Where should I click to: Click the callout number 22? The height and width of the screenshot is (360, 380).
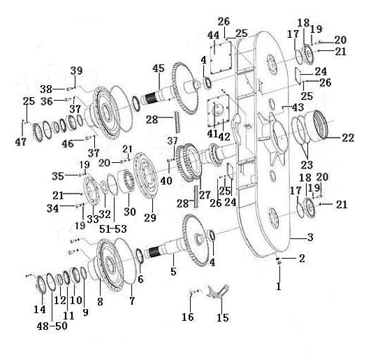point(348,138)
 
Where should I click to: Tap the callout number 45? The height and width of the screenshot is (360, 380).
point(159,69)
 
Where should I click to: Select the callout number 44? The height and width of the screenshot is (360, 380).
point(213,36)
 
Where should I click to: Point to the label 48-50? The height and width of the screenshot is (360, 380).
point(52,326)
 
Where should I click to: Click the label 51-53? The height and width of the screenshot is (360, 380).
point(113,229)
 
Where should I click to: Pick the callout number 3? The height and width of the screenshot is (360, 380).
point(310,237)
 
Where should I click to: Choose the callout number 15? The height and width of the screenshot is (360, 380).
point(223,317)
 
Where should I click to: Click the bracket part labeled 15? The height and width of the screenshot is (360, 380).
point(217,291)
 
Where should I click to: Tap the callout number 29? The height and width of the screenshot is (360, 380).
point(150,217)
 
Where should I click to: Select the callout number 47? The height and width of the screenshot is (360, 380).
point(21,142)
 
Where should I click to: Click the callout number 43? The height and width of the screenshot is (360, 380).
point(298,107)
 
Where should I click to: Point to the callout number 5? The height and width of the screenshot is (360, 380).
point(173,272)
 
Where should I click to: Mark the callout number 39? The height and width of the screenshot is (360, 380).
point(76,71)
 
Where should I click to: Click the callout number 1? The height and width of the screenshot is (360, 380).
point(279,287)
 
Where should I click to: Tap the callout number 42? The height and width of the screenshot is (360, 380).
point(224,137)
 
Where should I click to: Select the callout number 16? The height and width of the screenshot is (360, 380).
point(188,317)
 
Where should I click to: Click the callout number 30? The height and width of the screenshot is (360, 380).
point(130,212)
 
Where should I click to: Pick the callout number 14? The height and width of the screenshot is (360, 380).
point(40,309)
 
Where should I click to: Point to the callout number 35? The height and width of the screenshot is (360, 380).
point(58,176)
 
